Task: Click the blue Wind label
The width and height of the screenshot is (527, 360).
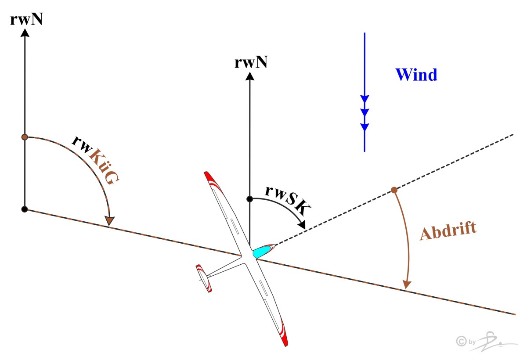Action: tap(416, 75)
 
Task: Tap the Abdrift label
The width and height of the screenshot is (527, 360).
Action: tap(448, 232)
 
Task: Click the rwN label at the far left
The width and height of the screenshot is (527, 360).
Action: tap(26, 20)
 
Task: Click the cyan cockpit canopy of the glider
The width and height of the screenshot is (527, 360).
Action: tap(263, 250)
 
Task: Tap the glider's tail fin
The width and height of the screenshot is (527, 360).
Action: tap(204, 278)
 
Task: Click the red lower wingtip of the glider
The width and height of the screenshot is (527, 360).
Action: tap(283, 336)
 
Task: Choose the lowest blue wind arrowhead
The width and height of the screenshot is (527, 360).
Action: tap(365, 127)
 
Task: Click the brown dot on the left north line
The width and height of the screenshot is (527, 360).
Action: tap(25, 137)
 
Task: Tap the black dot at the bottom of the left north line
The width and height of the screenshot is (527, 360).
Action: tap(25, 209)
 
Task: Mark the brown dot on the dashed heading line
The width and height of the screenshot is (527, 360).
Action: tap(394, 190)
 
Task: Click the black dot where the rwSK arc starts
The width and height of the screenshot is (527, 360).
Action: tap(249, 199)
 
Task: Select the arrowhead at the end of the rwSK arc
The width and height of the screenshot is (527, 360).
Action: tap(302, 225)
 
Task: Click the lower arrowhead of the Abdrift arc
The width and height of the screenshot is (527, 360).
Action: tap(407, 284)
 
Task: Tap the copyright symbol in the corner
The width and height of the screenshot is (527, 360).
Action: tap(461, 341)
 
